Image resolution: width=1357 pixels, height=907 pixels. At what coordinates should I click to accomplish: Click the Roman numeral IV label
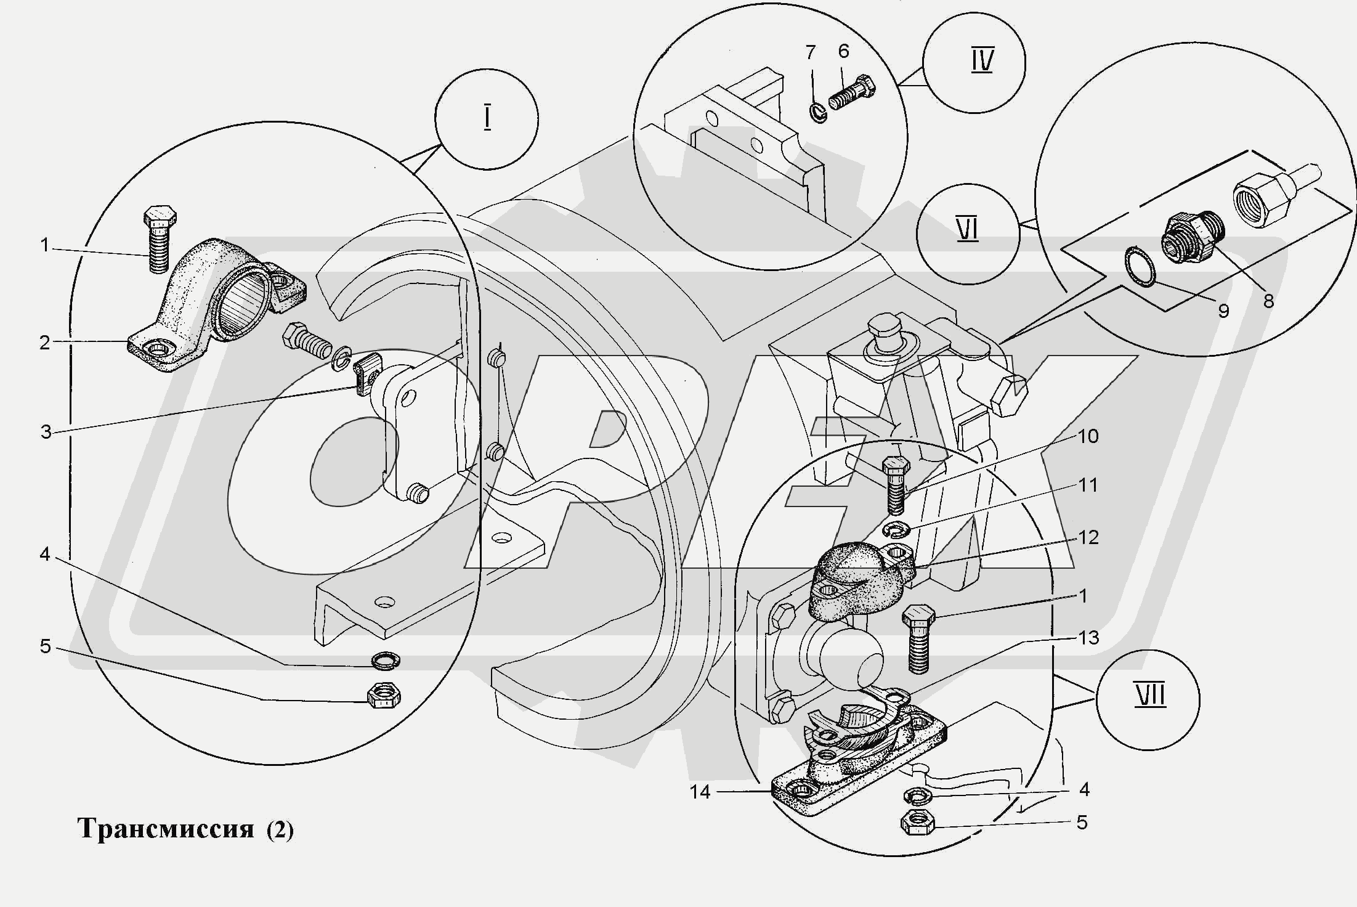point(982,62)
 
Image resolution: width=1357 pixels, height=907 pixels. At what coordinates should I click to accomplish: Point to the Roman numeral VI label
point(968,231)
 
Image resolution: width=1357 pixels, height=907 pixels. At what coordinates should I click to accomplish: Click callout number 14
point(700,792)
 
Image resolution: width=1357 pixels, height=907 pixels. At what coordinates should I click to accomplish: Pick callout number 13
point(1089,637)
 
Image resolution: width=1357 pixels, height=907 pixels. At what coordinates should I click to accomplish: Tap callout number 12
point(1088,537)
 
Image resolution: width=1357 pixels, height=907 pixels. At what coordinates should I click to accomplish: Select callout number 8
point(1268,301)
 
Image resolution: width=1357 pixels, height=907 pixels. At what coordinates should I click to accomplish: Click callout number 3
point(46,432)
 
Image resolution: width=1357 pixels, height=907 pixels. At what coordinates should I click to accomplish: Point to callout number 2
point(45,343)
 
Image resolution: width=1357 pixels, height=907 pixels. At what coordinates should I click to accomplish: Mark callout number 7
point(811,52)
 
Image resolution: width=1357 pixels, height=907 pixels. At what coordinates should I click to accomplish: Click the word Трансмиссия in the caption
point(166,829)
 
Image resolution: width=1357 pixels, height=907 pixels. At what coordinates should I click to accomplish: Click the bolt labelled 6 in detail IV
point(854,94)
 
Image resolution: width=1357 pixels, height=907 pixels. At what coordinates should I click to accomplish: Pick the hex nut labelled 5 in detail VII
point(917,823)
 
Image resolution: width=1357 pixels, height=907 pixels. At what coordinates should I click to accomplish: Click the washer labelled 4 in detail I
point(385,661)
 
